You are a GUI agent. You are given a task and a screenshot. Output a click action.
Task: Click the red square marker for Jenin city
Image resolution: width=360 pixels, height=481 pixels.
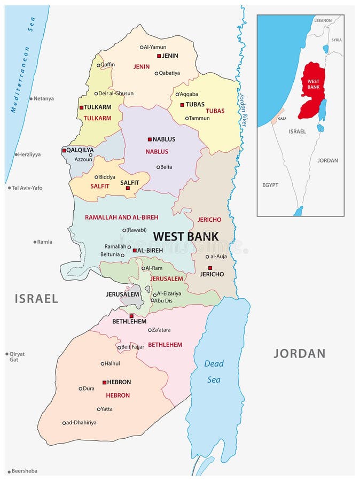tap(159, 56)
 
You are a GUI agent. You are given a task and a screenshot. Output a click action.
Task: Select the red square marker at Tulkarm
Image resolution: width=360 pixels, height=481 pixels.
tap(81, 107)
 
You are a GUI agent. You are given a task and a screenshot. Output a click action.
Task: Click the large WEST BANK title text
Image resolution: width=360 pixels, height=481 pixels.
tap(185, 236)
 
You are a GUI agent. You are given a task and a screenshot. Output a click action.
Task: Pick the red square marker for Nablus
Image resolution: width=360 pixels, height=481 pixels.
tap(150, 139)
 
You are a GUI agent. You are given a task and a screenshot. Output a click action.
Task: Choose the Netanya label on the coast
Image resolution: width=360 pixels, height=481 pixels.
tap(43, 98)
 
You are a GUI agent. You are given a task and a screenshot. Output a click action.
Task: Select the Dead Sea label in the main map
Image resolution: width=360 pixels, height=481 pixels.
tap(214, 371)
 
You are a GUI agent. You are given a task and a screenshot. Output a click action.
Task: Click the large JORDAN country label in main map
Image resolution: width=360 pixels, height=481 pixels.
tap(299, 353)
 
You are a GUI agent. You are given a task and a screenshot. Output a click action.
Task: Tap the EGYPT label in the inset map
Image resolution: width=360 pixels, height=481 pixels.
tap(270, 185)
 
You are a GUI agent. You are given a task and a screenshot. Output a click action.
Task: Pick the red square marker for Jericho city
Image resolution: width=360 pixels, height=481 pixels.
tap(210, 268)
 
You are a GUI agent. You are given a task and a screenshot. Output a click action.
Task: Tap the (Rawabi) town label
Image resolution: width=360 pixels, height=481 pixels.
tap(134, 230)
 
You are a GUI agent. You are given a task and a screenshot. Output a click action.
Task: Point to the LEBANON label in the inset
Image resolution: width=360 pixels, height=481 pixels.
tap(323, 20)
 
